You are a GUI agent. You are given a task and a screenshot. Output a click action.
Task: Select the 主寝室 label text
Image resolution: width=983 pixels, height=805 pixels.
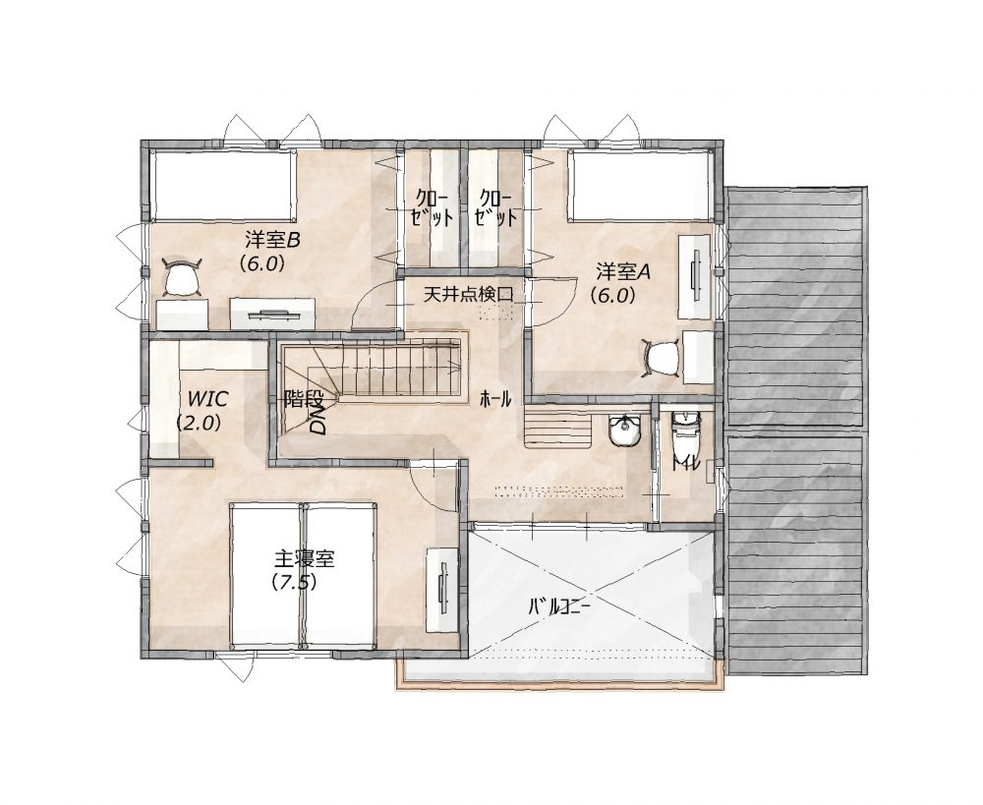point(305,558)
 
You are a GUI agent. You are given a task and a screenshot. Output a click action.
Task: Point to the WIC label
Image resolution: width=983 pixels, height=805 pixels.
point(207,398)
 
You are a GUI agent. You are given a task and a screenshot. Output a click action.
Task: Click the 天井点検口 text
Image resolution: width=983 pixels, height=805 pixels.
point(468,294)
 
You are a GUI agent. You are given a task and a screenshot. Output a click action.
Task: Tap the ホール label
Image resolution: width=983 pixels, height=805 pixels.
point(495,398)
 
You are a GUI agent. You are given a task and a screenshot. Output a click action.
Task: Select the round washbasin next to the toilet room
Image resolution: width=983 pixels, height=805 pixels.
point(624,431)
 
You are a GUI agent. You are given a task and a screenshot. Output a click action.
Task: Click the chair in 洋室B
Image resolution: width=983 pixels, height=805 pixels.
point(181,277)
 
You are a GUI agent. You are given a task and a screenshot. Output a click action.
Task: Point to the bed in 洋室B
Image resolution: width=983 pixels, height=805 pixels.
point(222,185)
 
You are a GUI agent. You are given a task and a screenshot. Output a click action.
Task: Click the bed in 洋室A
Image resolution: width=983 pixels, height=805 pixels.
point(640,186)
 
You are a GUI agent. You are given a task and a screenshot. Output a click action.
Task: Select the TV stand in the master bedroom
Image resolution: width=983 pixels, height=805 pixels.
point(443,590)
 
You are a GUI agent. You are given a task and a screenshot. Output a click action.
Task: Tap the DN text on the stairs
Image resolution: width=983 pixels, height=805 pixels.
point(319,419)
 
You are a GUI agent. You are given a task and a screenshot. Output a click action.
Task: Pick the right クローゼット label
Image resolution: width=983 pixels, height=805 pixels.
point(495,207)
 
